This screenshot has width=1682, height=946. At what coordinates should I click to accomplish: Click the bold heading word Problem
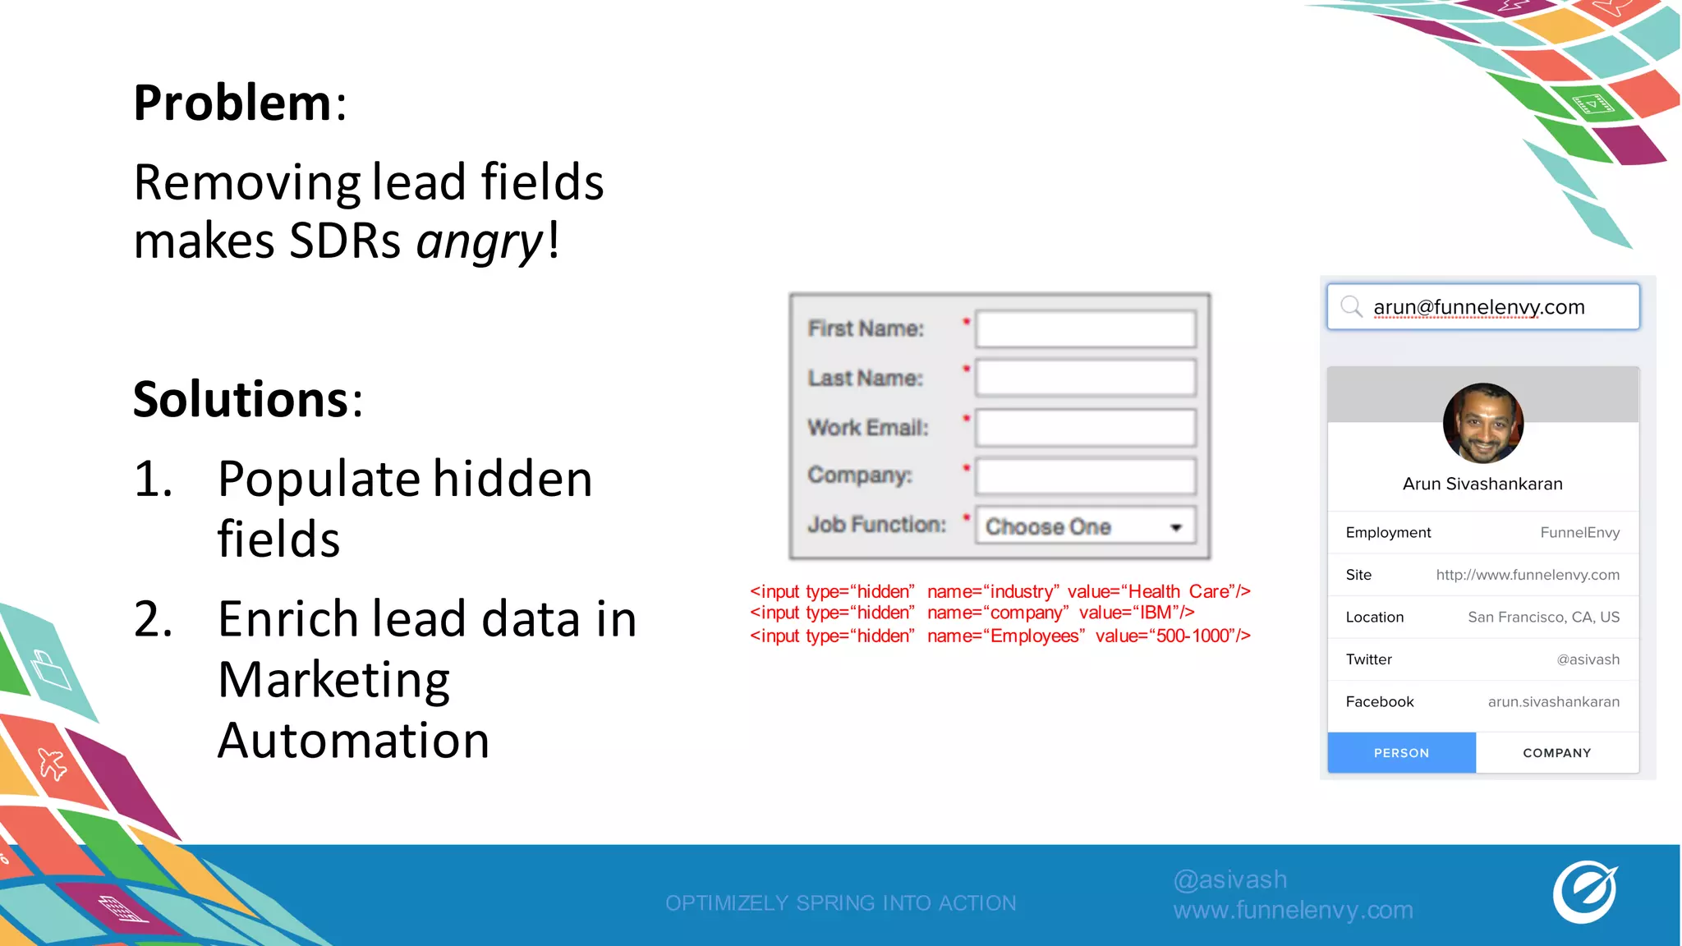pos(232,103)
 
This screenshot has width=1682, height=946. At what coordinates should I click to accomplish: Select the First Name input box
pos(1085,329)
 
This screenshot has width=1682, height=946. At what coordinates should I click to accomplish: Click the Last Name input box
pos(1085,379)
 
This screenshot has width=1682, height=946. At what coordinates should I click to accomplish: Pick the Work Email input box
pos(1085,428)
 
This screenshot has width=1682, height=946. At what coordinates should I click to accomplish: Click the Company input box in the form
pos(1085,476)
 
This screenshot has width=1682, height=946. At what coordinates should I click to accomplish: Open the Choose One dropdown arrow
pos(1176,527)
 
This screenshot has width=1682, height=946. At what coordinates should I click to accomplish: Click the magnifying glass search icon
pos(1350,307)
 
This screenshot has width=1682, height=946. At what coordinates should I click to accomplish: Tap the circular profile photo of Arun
pos(1482,424)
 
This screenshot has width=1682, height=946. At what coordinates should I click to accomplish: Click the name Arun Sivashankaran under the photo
pos(1482,484)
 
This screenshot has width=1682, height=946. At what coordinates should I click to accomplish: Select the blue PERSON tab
pos(1401,753)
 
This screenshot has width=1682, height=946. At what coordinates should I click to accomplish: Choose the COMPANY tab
pos(1556,753)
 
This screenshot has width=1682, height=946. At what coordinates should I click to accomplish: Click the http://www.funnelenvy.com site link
pos(1528,576)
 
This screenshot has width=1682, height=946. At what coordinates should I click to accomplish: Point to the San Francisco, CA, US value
pos(1543,618)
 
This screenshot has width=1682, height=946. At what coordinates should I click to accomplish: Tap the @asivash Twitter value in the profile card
pos(1588,660)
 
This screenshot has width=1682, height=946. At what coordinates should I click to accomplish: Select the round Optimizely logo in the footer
pos(1584,893)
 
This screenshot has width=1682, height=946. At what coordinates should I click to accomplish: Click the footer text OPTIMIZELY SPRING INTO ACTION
pos(840,903)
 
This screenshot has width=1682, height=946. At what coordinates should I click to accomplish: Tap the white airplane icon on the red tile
pos(53,764)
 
